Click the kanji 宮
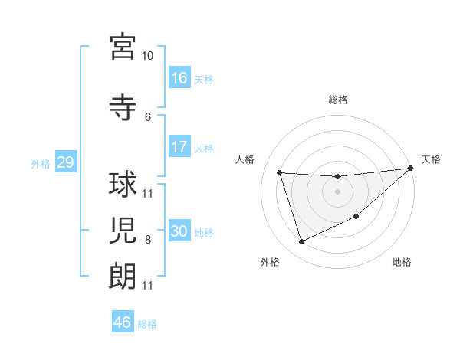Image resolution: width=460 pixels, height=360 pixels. click(x=123, y=47)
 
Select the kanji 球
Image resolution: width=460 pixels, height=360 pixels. click(x=123, y=185)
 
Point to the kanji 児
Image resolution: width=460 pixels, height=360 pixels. click(x=123, y=231)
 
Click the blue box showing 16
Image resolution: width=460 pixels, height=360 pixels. click(x=179, y=78)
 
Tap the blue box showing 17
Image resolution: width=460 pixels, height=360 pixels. click(x=179, y=147)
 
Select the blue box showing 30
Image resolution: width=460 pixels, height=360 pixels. click(x=179, y=231)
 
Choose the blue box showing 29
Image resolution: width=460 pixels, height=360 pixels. click(x=65, y=162)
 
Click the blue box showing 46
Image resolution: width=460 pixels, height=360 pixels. click(x=123, y=322)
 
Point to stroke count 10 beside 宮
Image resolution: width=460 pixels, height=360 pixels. click(x=147, y=56)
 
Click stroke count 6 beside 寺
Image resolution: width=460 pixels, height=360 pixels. click(x=148, y=116)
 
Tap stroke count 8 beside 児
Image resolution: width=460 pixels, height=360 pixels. click(x=148, y=240)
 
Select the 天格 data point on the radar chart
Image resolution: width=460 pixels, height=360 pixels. click(x=410, y=169)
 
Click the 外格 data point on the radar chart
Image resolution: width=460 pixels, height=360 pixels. click(x=301, y=242)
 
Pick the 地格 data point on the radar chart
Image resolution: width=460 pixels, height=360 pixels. click(x=356, y=217)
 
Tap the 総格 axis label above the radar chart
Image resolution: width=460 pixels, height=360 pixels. click(x=337, y=100)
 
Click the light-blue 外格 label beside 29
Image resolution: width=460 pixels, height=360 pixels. click(x=41, y=163)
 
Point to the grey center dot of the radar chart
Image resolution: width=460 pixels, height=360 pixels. click(x=337, y=191)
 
